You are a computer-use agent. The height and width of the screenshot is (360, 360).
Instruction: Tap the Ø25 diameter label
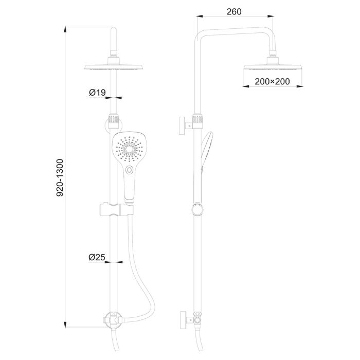(97, 257)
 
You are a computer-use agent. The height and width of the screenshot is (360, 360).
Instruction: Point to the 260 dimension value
(233, 12)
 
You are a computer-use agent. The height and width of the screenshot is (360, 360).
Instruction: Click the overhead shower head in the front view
(113, 67)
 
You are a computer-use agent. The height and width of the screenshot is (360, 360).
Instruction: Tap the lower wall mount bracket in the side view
(184, 319)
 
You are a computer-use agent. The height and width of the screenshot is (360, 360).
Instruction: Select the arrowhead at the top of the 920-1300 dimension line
(67, 26)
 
